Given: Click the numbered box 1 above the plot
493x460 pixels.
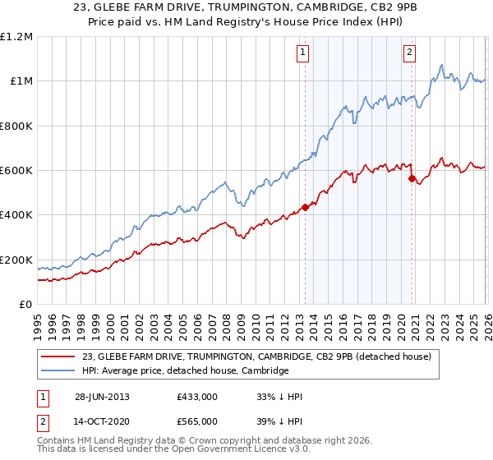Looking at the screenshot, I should (304, 53).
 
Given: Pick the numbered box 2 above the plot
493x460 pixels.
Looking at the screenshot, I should (409, 53).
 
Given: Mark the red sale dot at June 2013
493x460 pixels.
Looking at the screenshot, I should (305, 207).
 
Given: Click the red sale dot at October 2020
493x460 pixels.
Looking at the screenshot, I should (412, 177).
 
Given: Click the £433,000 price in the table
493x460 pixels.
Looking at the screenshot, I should (196, 397).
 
